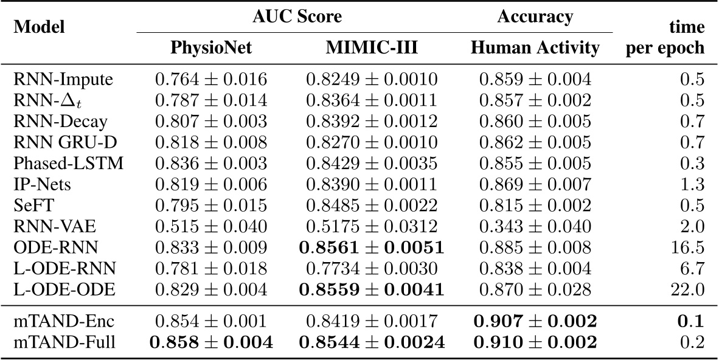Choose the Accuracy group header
coord(535,16)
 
